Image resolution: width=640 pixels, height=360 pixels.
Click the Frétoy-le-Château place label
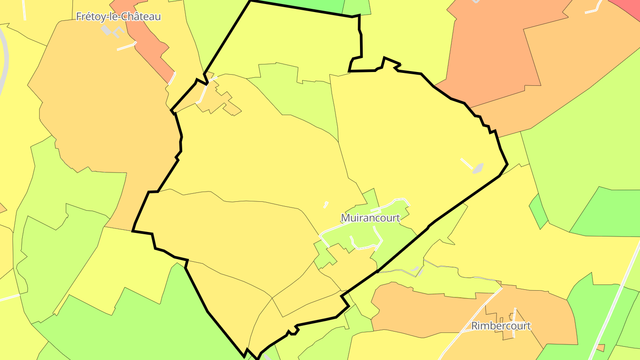(118, 17)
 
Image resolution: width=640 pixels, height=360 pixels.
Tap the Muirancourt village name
(370, 218)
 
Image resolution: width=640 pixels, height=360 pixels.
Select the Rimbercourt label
(501, 326)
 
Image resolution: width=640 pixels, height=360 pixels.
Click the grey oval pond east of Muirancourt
(478, 168)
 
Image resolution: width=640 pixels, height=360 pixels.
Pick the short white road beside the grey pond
(467, 163)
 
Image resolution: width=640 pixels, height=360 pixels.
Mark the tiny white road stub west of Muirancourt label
(326, 205)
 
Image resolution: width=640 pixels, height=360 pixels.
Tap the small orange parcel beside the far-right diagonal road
(600, 347)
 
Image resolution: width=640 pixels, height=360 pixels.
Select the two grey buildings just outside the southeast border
(416, 270)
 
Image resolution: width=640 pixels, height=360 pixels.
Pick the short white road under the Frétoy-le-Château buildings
(126, 46)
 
